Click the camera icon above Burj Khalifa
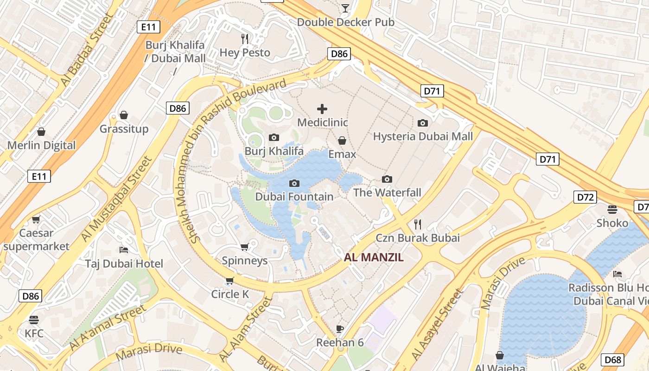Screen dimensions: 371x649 pyautogui.click(x=274, y=137)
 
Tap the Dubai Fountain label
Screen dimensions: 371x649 pyautogui.click(x=294, y=197)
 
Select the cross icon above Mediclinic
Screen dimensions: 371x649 pyautogui.click(x=322, y=109)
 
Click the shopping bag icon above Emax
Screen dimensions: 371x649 pyautogui.click(x=342, y=140)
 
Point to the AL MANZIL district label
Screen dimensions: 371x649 pyautogui.click(x=374, y=257)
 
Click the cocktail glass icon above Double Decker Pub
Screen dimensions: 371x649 pyautogui.click(x=345, y=8)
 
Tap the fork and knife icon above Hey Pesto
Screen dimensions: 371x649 pyautogui.click(x=245, y=38)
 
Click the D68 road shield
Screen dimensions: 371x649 pyautogui.click(x=612, y=359)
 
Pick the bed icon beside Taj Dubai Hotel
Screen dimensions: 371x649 pyautogui.click(x=124, y=249)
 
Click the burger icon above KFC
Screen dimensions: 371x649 pyautogui.click(x=34, y=320)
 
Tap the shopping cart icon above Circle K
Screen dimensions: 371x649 pyautogui.click(x=229, y=280)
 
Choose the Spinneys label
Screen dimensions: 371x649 pyautogui.click(x=245, y=261)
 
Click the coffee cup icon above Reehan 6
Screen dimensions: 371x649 pyautogui.click(x=340, y=329)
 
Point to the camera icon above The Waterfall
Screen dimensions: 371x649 pyautogui.click(x=387, y=179)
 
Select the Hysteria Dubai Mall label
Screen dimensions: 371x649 pyautogui.click(x=423, y=136)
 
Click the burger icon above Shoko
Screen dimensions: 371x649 pyautogui.click(x=612, y=209)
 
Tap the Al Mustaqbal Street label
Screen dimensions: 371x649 pyautogui.click(x=116, y=199)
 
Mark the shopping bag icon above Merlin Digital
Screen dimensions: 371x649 pyautogui.click(x=41, y=132)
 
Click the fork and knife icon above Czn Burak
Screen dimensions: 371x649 pyautogui.click(x=418, y=224)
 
